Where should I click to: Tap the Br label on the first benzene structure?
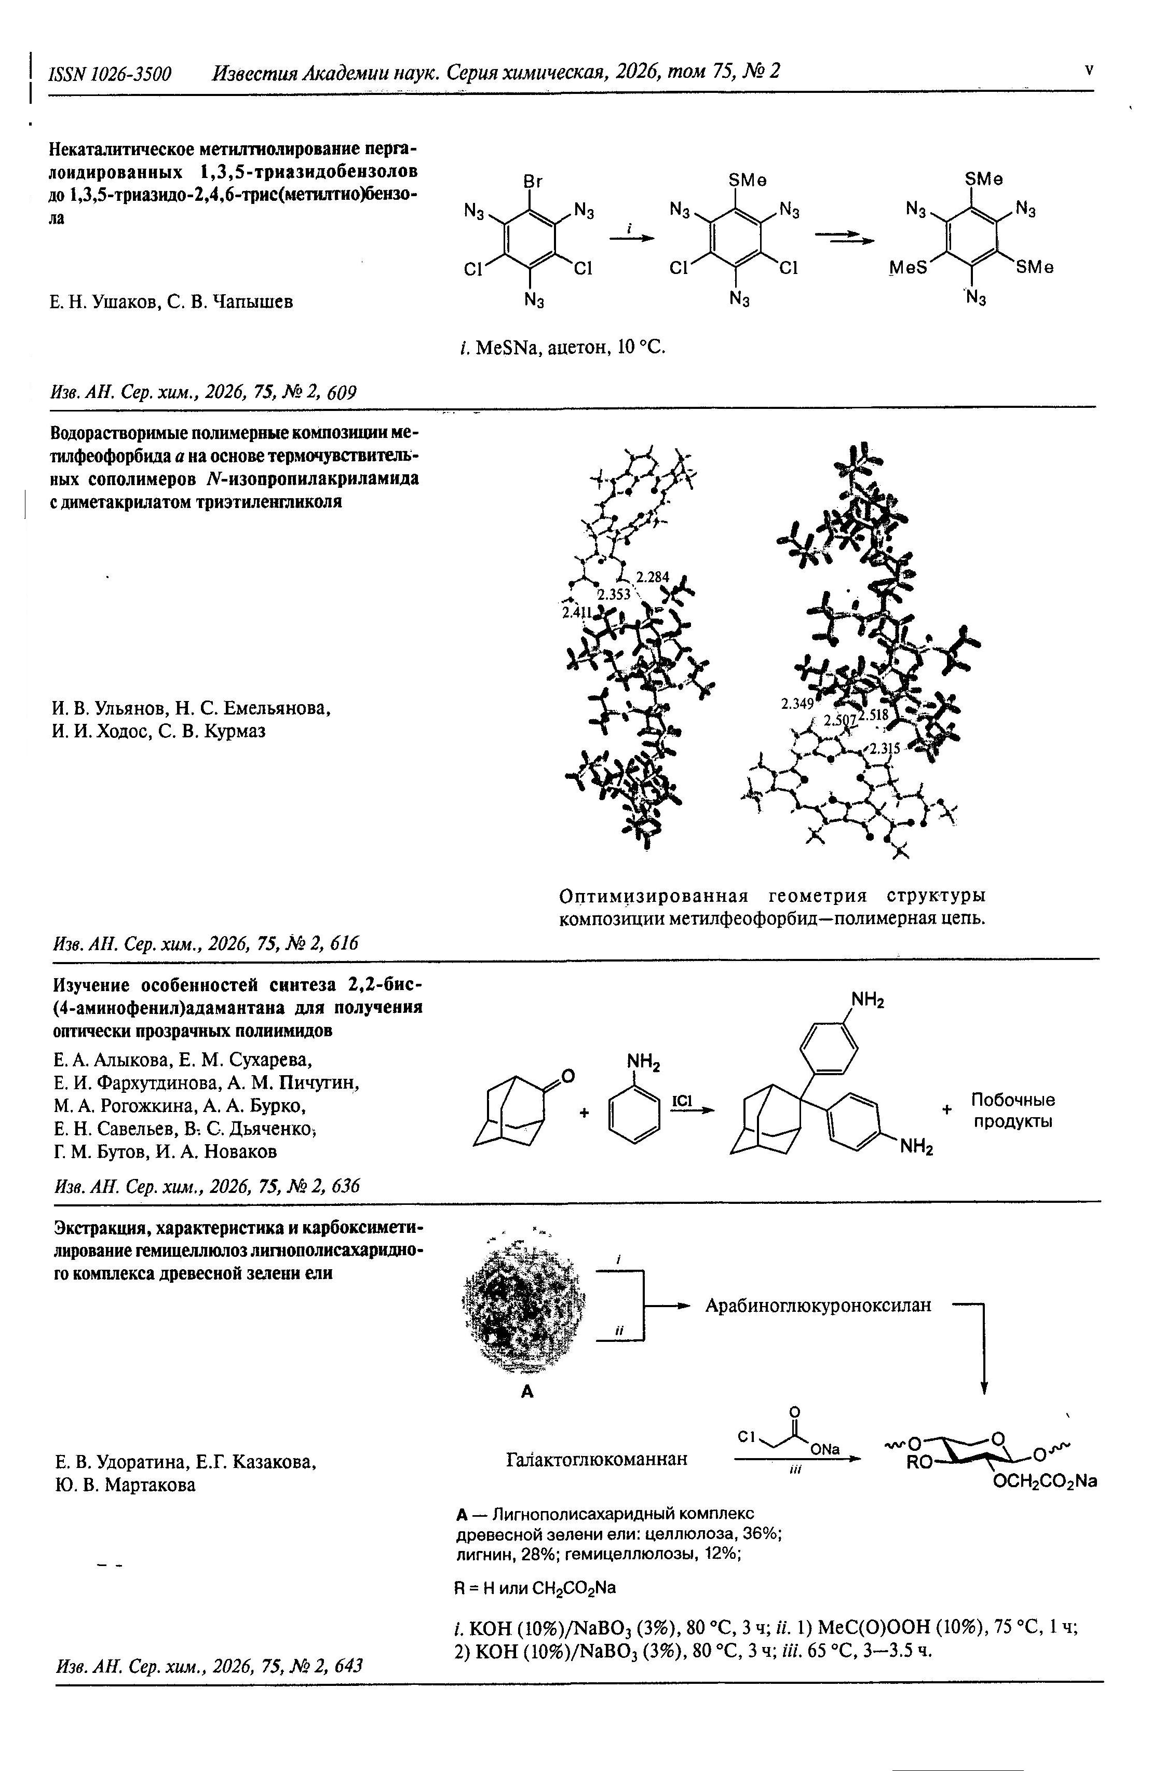coord(533,182)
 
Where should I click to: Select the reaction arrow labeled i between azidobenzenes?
coord(631,237)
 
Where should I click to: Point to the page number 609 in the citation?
coord(343,392)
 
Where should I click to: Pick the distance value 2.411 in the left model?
coord(576,612)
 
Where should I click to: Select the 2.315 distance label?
coord(886,749)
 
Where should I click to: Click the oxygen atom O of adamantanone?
coord(568,1075)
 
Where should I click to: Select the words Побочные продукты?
coord(1012,1110)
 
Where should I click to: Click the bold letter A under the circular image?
coord(528,1392)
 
